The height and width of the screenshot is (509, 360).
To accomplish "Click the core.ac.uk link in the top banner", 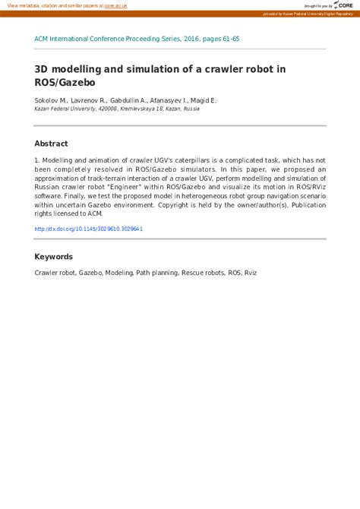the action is click(115, 5).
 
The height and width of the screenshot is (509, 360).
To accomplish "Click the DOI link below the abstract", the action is click(89, 228).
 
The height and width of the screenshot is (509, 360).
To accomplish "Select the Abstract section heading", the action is click(51, 144).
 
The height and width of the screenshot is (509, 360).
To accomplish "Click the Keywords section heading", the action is click(53, 257).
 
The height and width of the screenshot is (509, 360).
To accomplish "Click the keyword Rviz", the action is click(251, 272).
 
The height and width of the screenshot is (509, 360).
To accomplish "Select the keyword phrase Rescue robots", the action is click(203, 272).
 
